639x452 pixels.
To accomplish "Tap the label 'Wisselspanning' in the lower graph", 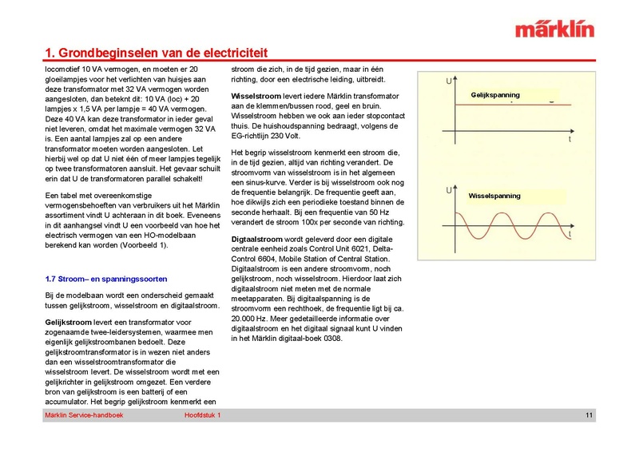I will [x=494, y=196].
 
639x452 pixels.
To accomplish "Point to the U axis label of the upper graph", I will [x=448, y=81].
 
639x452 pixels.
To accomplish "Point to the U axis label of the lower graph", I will [x=448, y=191].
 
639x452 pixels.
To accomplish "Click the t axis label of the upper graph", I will [x=570, y=138].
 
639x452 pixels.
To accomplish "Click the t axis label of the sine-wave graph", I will [x=570, y=236].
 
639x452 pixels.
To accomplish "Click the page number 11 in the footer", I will [x=588, y=416].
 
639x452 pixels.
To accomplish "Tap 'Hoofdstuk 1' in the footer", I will [x=202, y=416].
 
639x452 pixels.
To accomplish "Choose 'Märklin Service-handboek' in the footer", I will [x=82, y=416].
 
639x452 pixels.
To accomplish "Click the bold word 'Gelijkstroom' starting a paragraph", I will [x=68, y=319].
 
